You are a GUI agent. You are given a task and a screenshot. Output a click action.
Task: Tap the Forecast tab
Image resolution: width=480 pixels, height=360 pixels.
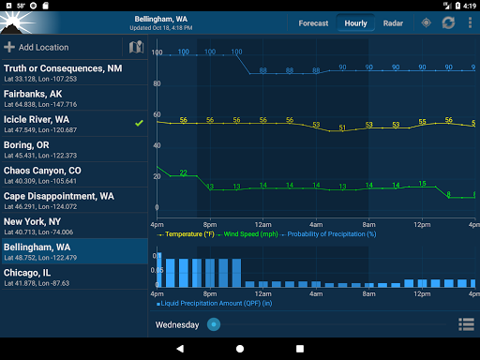[313, 22]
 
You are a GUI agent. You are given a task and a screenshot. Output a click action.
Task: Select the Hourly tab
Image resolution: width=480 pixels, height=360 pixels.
[355, 22]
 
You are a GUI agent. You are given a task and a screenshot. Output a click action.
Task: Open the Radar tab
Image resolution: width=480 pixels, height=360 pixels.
[393, 22]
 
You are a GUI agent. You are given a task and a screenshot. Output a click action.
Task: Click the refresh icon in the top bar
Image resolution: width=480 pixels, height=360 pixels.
[448, 22]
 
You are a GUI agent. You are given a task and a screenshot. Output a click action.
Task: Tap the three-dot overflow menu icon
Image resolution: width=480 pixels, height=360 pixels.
[470, 22]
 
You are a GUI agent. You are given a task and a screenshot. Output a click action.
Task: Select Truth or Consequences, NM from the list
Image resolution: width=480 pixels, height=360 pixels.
[75, 72]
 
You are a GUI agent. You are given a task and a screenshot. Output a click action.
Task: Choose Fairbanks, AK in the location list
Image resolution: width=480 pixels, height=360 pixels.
[75, 97]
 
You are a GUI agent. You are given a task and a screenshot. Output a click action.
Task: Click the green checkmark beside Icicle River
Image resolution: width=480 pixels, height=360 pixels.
[139, 123]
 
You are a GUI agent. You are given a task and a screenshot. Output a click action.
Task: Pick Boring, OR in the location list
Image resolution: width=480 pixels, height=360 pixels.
[75, 149]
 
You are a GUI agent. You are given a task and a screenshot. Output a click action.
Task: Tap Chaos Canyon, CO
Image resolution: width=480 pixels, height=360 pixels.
[75, 174]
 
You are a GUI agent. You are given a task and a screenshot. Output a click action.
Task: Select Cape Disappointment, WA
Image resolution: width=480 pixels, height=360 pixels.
[75, 200]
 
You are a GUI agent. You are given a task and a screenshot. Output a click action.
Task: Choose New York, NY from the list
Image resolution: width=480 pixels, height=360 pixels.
[75, 225]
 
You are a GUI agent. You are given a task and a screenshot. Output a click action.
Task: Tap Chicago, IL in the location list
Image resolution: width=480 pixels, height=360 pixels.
[75, 276]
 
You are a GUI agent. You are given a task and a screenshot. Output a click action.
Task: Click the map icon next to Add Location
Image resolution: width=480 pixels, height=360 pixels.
[135, 47]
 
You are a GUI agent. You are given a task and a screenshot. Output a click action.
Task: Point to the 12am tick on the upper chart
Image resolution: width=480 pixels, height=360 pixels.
[263, 225]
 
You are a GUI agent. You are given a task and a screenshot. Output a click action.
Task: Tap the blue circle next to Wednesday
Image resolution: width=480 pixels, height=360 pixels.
[214, 324]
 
